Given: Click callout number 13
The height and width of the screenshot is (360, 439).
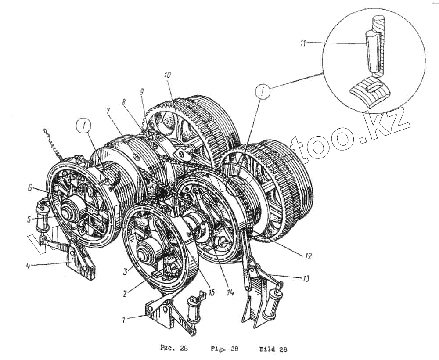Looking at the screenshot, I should pyautogui.click(x=304, y=278).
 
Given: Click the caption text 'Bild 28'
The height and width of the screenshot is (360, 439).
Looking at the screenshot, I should pyautogui.click(x=273, y=349).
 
